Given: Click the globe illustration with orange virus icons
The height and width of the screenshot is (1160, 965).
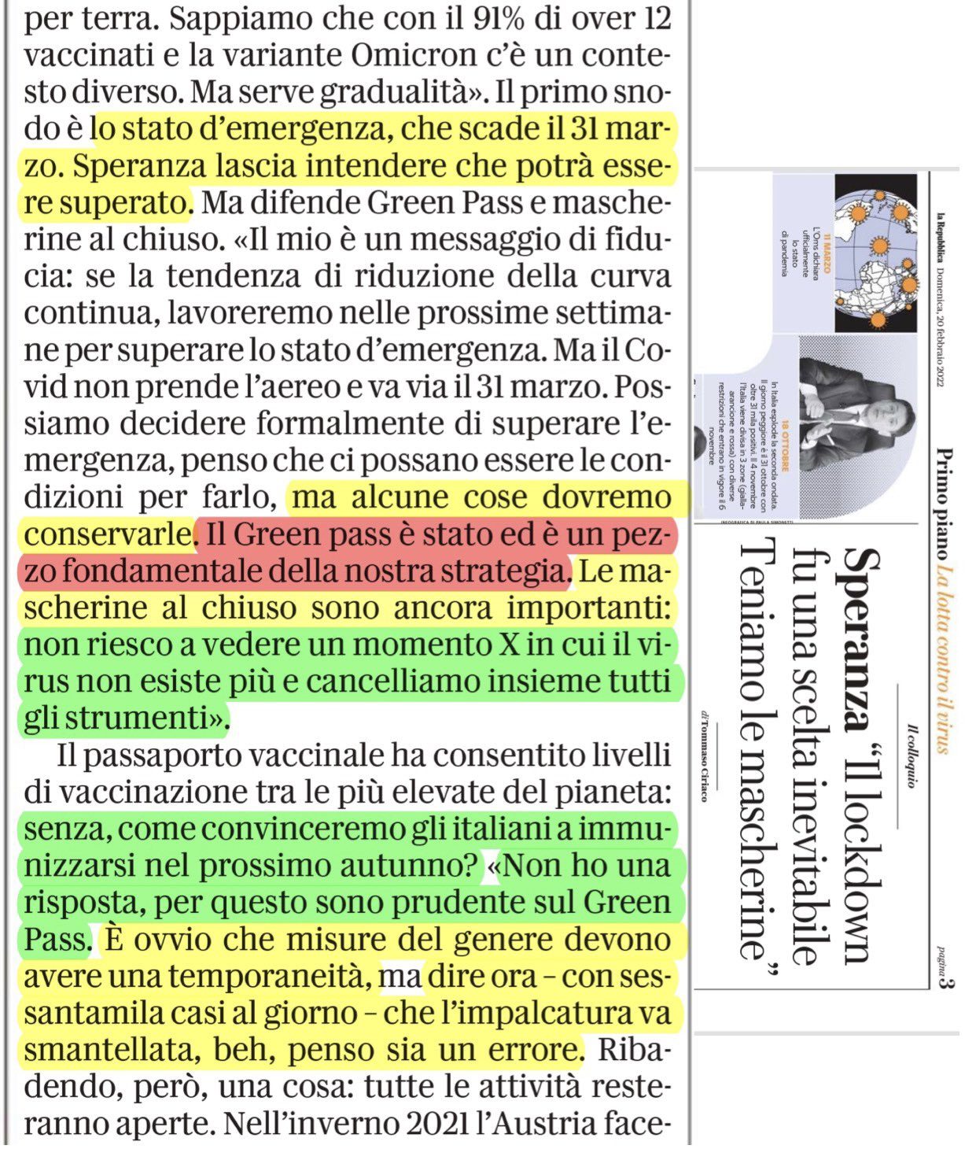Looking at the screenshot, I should (x=874, y=252).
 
